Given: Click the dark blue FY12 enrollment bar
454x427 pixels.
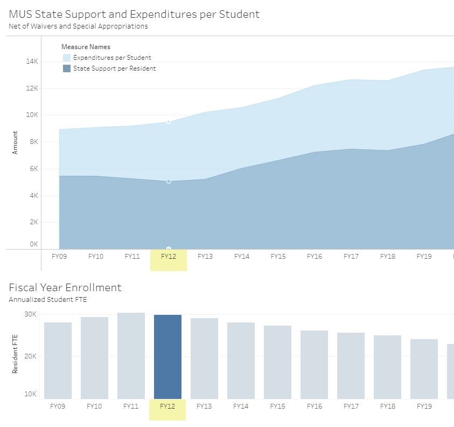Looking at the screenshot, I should pyautogui.click(x=167, y=357).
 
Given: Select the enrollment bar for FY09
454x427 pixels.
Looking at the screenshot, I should pyautogui.click(x=58, y=361).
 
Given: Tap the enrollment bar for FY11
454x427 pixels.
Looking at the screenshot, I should pyautogui.click(x=131, y=356).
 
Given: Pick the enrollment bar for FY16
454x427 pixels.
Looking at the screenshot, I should pyautogui.click(x=314, y=364).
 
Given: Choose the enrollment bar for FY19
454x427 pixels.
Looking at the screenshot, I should pyautogui.click(x=424, y=369).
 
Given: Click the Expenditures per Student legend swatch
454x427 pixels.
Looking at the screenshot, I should pyautogui.click(x=67, y=58).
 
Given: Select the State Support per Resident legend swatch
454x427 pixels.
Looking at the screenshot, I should pyautogui.click(x=67, y=68).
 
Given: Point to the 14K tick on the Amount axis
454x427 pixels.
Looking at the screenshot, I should pyautogui.click(x=32, y=61).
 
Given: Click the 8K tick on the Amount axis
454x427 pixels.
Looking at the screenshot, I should pyautogui.click(x=33, y=142).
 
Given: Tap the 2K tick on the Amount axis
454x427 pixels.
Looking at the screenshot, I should pyautogui.click(x=33, y=222).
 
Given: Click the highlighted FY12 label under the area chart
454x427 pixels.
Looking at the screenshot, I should pyautogui.click(x=168, y=257).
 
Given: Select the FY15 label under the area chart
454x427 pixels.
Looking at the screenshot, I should pyautogui.click(x=278, y=257).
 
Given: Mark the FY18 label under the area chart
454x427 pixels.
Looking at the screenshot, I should pyautogui.click(x=388, y=257).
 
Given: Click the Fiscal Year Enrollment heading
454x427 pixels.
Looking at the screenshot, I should pyautogui.click(x=65, y=287).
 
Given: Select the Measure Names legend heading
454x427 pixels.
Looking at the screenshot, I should pyautogui.click(x=86, y=47).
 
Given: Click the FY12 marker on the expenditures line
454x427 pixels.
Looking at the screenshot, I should pyautogui.click(x=169, y=122).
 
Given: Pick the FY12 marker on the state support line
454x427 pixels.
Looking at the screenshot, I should pyautogui.click(x=169, y=182).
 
